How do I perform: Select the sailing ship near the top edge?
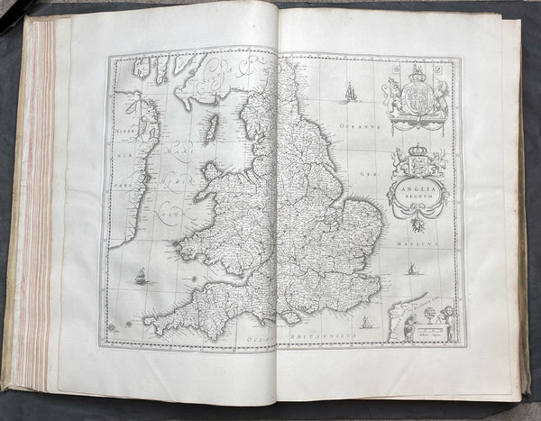tap(349, 91)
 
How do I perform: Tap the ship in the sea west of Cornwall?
tap(141, 277)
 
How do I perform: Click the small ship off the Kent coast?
tap(411, 269)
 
